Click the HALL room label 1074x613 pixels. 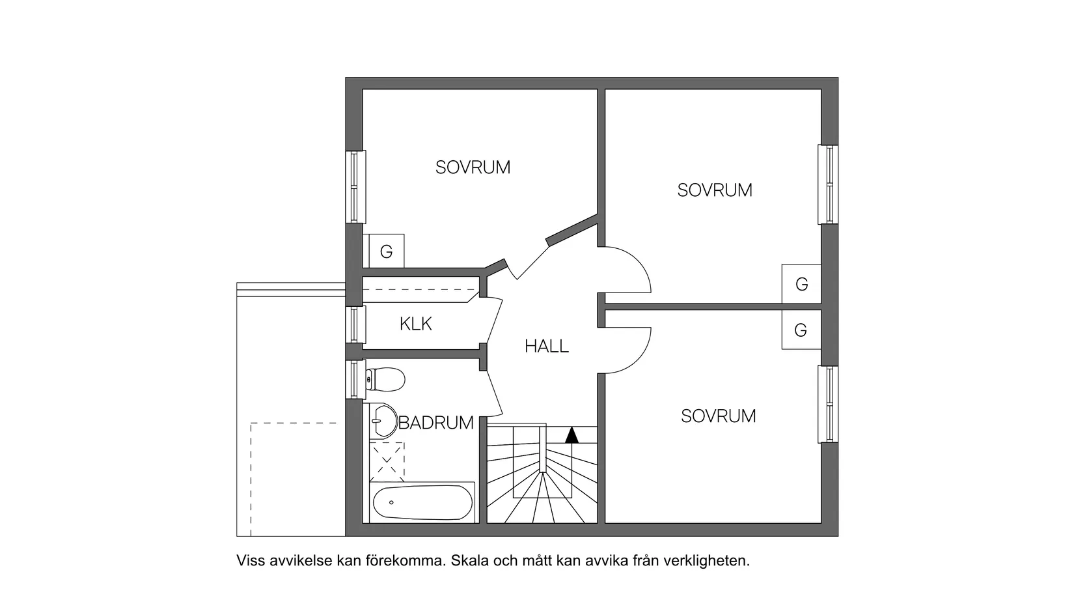pyautogui.click(x=547, y=346)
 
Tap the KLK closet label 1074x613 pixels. pyautogui.click(x=416, y=324)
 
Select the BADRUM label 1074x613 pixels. pyautogui.click(x=435, y=423)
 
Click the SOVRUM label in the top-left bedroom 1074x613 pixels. pyautogui.click(x=473, y=167)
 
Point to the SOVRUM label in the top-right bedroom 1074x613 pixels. pyautogui.click(x=715, y=190)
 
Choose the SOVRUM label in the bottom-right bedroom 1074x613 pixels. pyautogui.click(x=719, y=416)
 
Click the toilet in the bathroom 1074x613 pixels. pyautogui.click(x=385, y=379)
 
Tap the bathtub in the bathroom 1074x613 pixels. pyautogui.click(x=423, y=503)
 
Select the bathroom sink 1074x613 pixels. pyautogui.click(x=384, y=421)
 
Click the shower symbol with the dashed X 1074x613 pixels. pyautogui.click(x=387, y=461)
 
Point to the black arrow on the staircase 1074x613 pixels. pyautogui.click(x=571, y=435)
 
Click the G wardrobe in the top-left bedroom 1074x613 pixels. pyautogui.click(x=386, y=251)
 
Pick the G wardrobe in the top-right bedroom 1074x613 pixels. pyautogui.click(x=801, y=284)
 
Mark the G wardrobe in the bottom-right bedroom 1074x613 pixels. pyautogui.click(x=801, y=330)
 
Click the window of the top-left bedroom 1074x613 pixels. pyautogui.click(x=355, y=187)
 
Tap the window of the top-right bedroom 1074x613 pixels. pyautogui.click(x=829, y=184)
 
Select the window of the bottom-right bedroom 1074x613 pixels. pyautogui.click(x=829, y=405)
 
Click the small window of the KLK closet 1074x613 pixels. pyautogui.click(x=354, y=324)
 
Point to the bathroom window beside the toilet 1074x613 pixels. pyautogui.click(x=354, y=379)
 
